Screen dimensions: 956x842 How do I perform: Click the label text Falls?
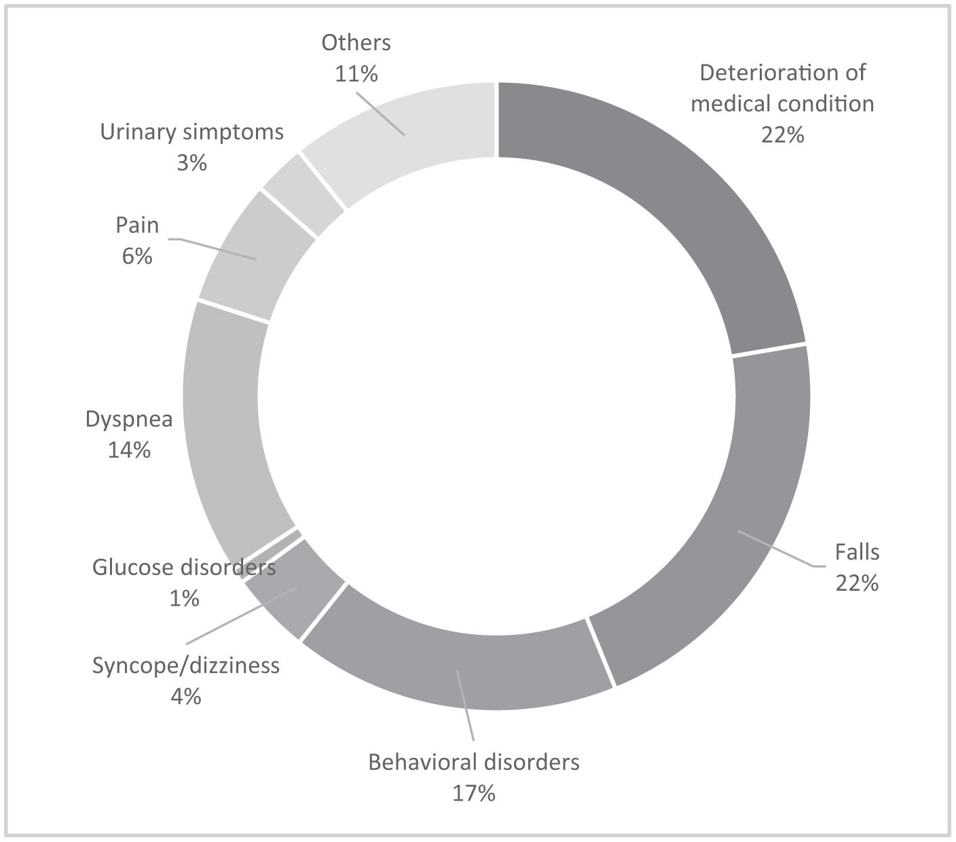point(857,552)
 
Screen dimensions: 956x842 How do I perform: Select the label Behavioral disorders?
point(473,762)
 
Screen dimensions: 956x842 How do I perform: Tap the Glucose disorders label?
point(184,567)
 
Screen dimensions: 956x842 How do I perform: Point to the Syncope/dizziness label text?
point(185,665)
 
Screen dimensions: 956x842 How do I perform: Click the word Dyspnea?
point(129,419)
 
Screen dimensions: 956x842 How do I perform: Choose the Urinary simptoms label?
point(191,132)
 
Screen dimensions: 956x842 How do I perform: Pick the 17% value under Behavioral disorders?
point(473,792)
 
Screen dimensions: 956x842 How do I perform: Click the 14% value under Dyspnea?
point(129,450)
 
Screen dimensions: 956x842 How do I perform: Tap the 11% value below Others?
point(356,73)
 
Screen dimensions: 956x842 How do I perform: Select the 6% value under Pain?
point(137,256)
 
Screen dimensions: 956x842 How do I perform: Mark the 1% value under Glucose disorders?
point(183,598)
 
